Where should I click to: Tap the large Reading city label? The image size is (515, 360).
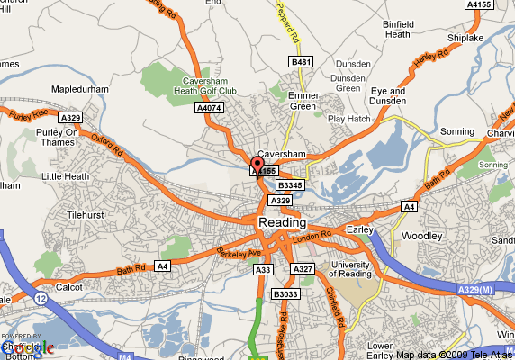282,222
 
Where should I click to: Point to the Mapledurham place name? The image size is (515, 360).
79,91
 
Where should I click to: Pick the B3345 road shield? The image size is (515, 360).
290,184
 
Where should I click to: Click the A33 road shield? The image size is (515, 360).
264,269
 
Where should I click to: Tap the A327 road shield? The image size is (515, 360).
303,269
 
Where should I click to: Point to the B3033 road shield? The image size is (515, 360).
285,293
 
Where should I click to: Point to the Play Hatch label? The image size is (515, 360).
348,118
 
